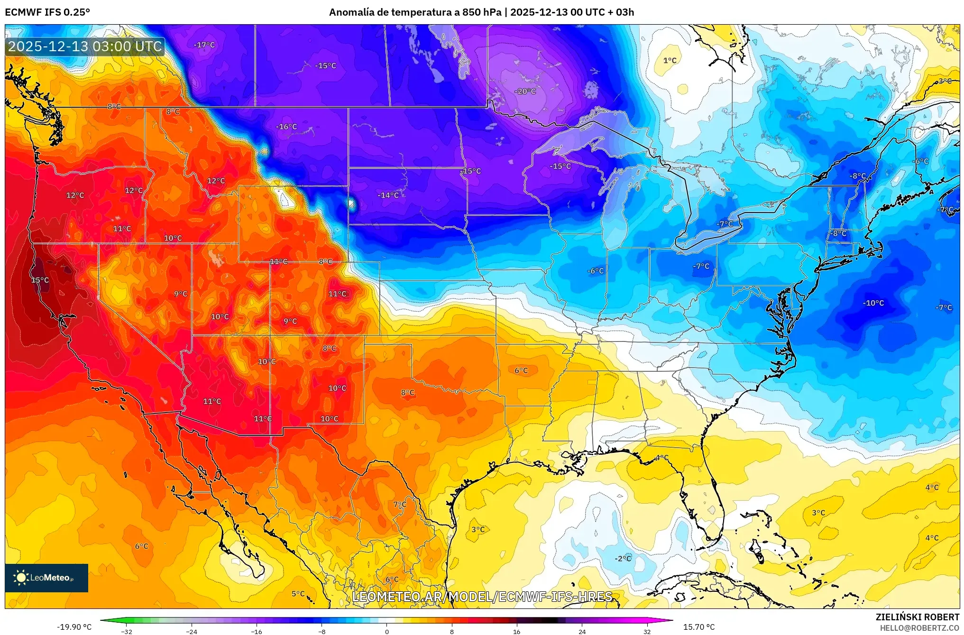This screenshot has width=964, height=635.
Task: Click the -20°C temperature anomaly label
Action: [x=525, y=91]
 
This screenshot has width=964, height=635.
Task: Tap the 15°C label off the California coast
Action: [x=40, y=280]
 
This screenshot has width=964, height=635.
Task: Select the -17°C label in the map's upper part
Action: [x=204, y=45]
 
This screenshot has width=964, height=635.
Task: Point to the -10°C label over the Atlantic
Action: [x=873, y=303]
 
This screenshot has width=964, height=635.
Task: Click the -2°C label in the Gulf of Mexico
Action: [x=623, y=558]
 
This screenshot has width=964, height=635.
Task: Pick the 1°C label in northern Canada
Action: [x=670, y=60]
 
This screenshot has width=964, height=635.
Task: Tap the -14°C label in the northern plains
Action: [x=388, y=195]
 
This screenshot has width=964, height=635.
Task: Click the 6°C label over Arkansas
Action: [x=521, y=370]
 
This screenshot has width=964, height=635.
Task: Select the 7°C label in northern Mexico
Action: [x=400, y=504]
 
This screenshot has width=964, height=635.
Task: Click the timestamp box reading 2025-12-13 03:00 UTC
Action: [x=85, y=46]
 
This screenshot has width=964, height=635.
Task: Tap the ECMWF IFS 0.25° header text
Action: [x=47, y=12]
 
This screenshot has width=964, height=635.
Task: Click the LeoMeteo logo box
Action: [x=46, y=578]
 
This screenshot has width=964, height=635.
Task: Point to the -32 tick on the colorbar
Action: [x=127, y=631]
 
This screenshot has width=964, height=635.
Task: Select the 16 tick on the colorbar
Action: [x=516, y=631]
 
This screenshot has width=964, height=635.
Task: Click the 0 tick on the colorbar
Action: [x=387, y=631]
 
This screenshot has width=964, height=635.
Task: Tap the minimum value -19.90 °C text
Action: [x=74, y=627]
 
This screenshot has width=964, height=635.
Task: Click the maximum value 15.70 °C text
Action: [x=698, y=627]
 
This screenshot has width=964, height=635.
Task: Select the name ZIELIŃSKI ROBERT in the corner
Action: [x=917, y=617]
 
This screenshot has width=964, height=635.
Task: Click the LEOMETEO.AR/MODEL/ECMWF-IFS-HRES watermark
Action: [x=482, y=596]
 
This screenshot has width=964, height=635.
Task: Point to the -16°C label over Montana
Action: [x=286, y=127]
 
